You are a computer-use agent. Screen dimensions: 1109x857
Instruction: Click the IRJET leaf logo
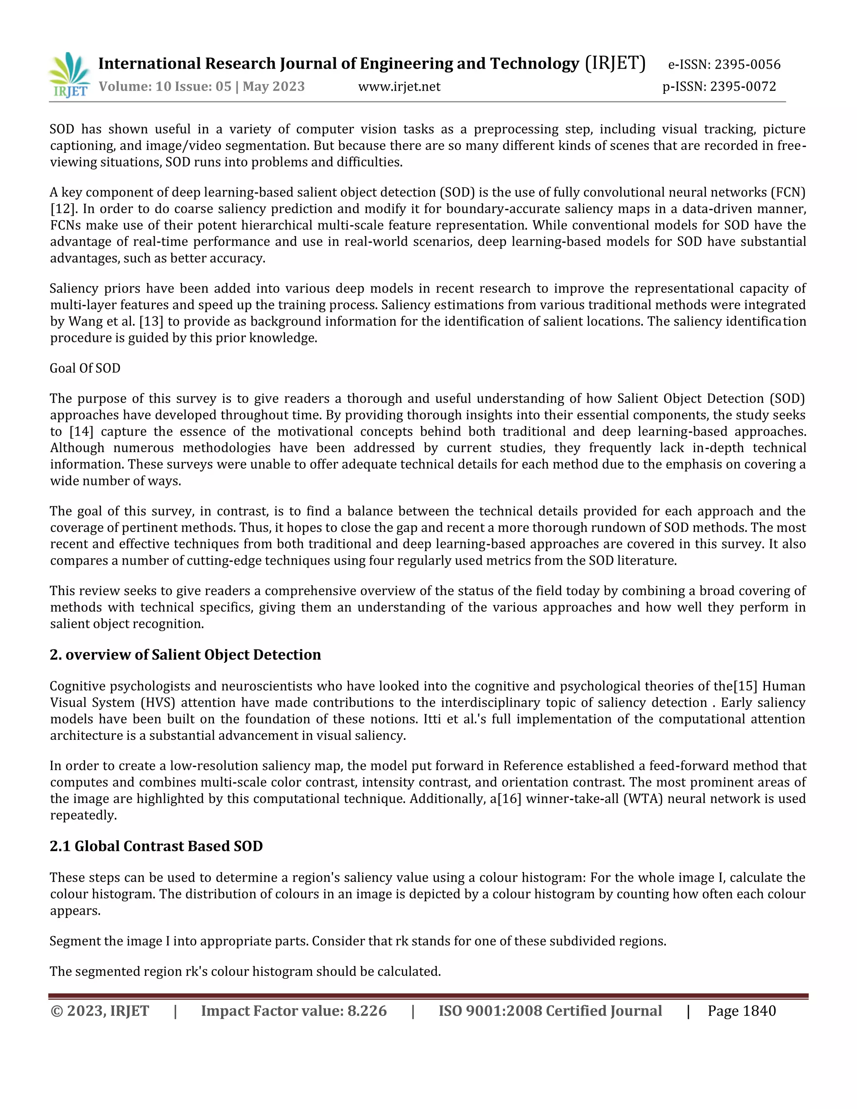click(69, 74)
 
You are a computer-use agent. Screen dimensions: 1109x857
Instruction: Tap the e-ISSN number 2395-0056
click(747, 64)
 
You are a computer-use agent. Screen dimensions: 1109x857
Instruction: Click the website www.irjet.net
click(399, 87)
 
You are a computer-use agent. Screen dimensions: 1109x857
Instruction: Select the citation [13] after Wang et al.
click(151, 321)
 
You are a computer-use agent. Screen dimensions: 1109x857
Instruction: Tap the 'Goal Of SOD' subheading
click(85, 368)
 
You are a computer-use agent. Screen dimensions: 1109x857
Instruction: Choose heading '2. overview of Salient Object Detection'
click(185, 655)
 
